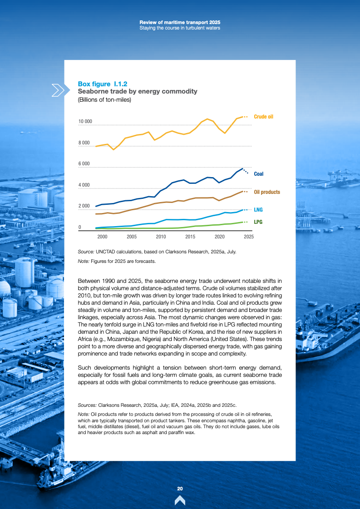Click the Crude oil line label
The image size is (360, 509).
(263, 117)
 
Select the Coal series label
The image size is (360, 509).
(258, 174)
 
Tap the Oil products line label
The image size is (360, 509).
(266, 192)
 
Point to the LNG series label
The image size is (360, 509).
(258, 210)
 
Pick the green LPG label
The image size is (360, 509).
(258, 222)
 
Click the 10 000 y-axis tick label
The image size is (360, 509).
(85, 122)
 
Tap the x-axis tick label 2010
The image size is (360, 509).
(161, 237)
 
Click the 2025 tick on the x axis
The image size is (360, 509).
(248, 237)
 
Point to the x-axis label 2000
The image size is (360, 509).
(103, 237)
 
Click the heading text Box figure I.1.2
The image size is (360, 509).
(103, 84)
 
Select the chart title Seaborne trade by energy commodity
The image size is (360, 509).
(138, 92)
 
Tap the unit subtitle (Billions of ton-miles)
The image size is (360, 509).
(104, 99)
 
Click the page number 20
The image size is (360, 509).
(180, 489)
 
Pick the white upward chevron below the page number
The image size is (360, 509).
(180, 500)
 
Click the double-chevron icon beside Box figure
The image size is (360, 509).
(59, 90)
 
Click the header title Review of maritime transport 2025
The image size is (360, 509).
(180, 22)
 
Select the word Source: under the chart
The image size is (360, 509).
(86, 251)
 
